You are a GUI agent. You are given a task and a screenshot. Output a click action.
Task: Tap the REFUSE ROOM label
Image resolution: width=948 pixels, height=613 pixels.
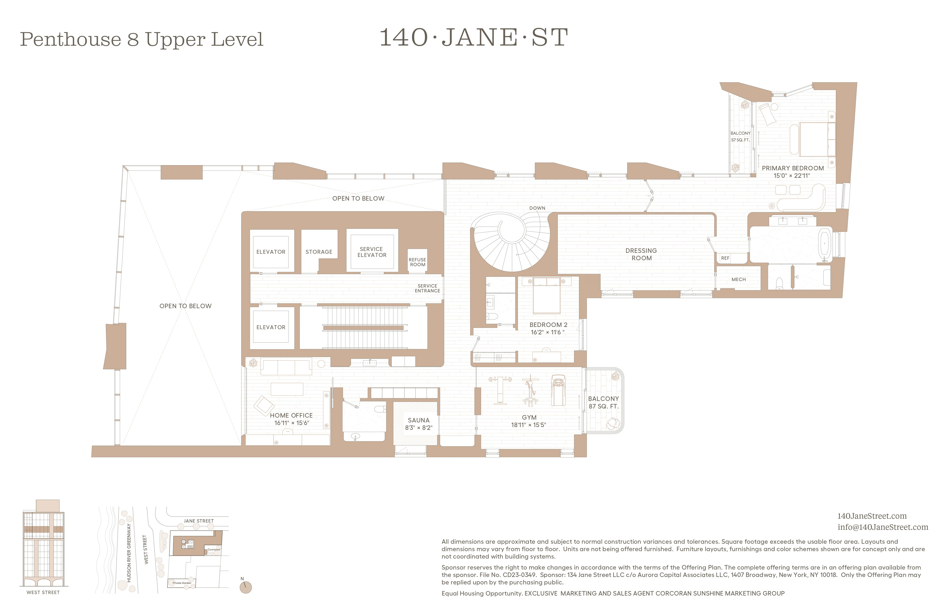click(417, 262)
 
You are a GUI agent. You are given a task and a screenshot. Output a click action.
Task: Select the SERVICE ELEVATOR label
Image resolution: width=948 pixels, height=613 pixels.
click(372, 252)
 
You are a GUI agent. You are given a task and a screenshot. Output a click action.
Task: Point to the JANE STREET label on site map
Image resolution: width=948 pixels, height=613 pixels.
click(199, 521)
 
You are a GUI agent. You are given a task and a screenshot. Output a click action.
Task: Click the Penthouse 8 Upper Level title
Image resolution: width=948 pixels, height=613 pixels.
click(141, 39)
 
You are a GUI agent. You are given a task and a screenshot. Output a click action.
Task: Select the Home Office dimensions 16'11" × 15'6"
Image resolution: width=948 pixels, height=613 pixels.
click(292, 423)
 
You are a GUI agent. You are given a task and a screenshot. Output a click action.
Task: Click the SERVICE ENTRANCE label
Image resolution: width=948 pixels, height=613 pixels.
click(427, 288)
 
